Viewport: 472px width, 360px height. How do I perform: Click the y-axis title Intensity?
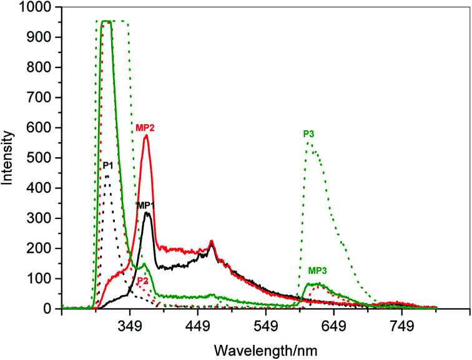pyautogui.click(x=8, y=157)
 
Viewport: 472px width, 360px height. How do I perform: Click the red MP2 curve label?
pyautogui.click(x=145, y=128)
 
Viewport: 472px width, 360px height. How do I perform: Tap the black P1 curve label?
pyautogui.click(x=108, y=165)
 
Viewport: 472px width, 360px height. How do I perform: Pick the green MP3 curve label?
pyautogui.click(x=318, y=271)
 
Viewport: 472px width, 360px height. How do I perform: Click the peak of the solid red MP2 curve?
pyautogui.click(x=146, y=136)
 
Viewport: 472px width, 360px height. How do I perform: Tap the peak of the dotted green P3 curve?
pyautogui.click(x=308, y=143)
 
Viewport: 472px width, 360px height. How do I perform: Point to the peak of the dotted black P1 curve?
pyautogui.click(x=107, y=175)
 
